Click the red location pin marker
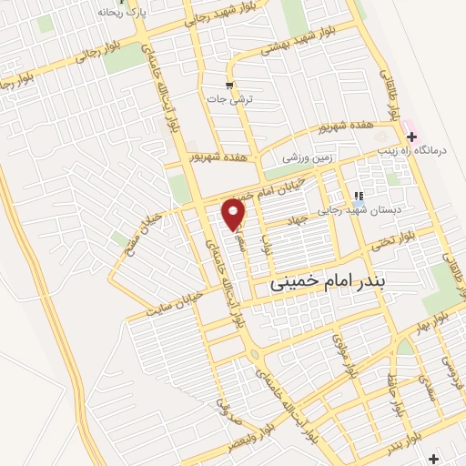tap(235, 213)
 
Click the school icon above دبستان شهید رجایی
tap(360, 195)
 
